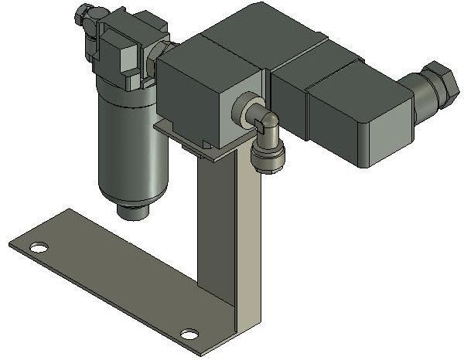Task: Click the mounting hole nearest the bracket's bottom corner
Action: [189, 335]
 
